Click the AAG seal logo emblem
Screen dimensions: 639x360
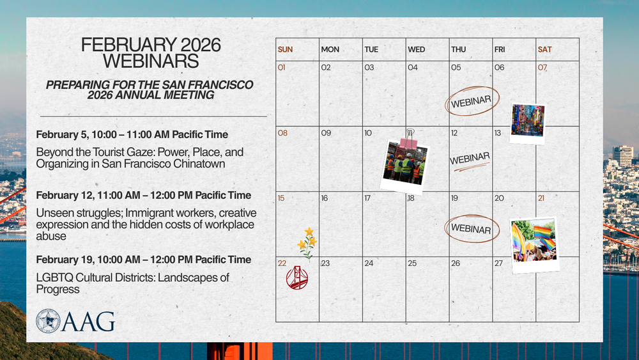48,321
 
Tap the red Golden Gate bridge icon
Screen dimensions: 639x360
297,278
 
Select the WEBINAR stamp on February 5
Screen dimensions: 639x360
472,101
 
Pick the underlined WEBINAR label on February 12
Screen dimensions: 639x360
470,161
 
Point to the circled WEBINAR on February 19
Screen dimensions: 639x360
472,229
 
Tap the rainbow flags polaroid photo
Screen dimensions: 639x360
534,245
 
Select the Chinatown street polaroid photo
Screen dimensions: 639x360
527,123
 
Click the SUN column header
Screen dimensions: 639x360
285,49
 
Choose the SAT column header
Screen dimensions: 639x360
544,49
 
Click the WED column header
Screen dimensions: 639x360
417,49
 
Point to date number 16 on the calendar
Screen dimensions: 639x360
325,198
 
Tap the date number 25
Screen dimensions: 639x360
412,263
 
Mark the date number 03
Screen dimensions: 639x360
369,67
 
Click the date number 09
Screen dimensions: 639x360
326,133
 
